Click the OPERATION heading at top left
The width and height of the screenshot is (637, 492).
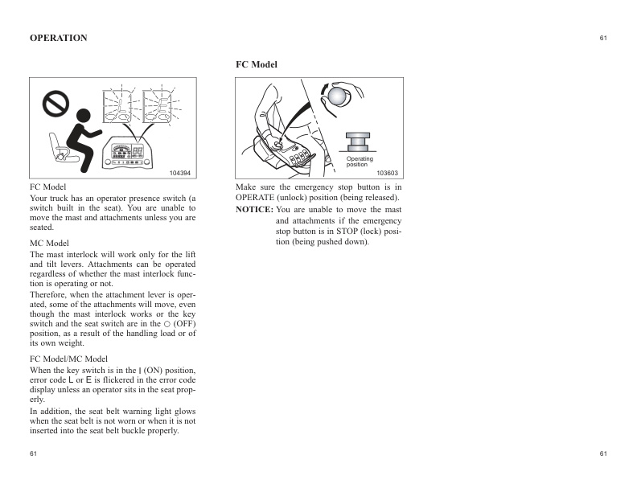click(x=59, y=38)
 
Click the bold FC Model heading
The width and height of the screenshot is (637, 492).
click(x=256, y=64)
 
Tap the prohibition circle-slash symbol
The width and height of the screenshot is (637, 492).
click(x=56, y=105)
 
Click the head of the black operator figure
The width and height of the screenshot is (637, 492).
click(x=83, y=115)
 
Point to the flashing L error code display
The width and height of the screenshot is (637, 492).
click(x=121, y=105)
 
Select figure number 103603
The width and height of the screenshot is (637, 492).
click(x=387, y=173)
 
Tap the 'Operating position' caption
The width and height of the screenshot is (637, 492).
click(x=360, y=162)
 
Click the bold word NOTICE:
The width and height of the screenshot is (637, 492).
click(x=253, y=210)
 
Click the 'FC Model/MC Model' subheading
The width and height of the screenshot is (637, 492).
click(x=68, y=358)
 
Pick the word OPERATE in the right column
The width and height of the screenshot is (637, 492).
click(x=257, y=197)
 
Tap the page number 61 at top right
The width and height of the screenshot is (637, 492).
click(x=603, y=38)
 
